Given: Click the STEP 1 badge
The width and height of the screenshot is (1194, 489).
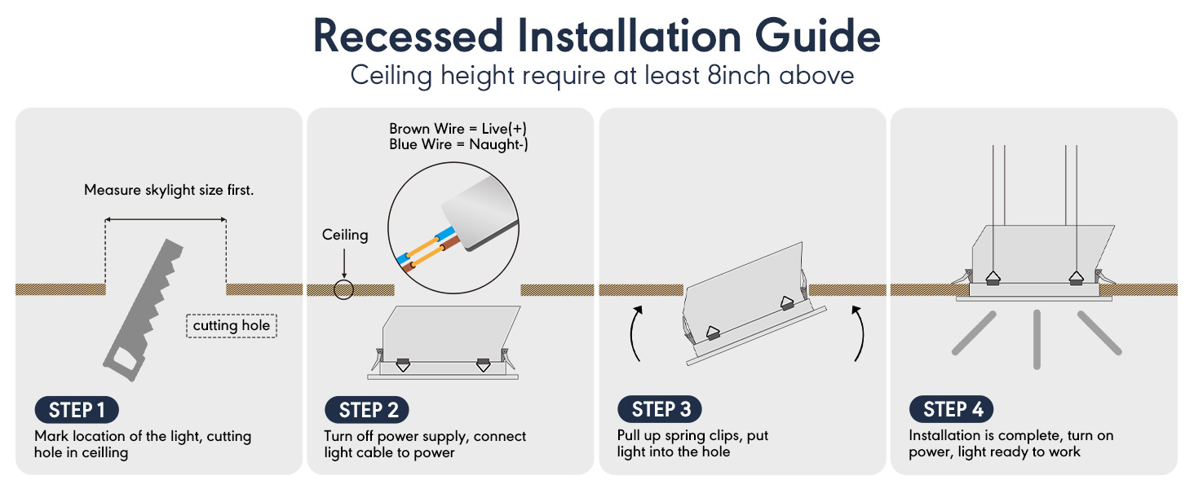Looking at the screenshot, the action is click(77, 410).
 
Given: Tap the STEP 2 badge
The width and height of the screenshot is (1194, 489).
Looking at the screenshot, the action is click(367, 410).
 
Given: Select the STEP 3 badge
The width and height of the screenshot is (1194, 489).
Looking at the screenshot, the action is click(659, 409).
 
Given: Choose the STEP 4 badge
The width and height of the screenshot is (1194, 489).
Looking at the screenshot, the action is click(952, 409).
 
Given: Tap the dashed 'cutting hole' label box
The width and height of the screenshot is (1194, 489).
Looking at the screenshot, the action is click(232, 325).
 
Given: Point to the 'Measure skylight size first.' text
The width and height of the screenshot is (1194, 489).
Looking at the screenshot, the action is click(169, 190).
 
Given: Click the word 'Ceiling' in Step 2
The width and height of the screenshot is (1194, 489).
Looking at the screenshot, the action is click(345, 235).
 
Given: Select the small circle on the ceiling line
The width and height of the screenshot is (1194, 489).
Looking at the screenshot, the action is click(344, 289).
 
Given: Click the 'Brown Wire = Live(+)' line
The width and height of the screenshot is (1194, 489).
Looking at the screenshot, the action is click(458, 129).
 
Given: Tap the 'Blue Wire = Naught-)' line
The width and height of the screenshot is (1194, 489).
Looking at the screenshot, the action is click(458, 144).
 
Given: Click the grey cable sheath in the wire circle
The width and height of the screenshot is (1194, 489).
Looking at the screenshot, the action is click(480, 213).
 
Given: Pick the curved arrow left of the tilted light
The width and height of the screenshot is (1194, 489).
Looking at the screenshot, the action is click(634, 334).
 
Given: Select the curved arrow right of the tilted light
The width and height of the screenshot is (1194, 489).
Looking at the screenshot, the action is click(860, 334).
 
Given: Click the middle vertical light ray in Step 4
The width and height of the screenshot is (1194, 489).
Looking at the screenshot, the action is click(1037, 339).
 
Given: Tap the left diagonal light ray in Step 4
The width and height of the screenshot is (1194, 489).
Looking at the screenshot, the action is click(974, 333).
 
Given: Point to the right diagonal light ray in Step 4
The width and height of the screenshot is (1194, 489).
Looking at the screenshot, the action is click(1099, 333).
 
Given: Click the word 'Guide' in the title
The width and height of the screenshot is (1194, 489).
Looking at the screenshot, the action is click(817, 36).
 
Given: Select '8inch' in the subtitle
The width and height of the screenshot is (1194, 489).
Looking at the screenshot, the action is click(739, 75).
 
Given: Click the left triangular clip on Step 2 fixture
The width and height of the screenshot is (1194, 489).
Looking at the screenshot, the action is click(403, 365).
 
